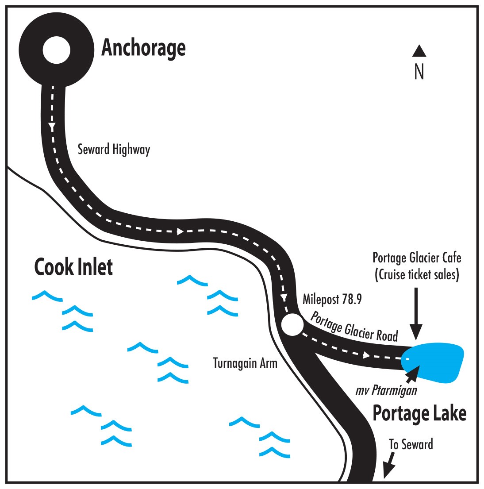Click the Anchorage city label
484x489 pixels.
tap(143, 48)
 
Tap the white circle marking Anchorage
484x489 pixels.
tap(56, 50)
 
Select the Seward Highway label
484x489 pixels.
tap(114, 150)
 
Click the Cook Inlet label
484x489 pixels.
tap(73, 267)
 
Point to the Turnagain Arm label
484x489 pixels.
tap(245, 363)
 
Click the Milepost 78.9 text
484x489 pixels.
tap(332, 300)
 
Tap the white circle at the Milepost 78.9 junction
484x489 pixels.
tap(292, 325)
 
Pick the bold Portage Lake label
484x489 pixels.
tap(419, 413)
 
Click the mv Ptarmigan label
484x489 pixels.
tap(386, 391)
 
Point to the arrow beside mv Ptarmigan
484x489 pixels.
tap(412, 373)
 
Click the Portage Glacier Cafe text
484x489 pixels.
tap(417, 258)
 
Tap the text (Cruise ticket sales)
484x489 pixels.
tap(417, 275)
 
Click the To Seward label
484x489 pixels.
tap(411, 444)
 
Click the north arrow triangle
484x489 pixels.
tap(419, 51)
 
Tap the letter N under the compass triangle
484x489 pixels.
tap(419, 72)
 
